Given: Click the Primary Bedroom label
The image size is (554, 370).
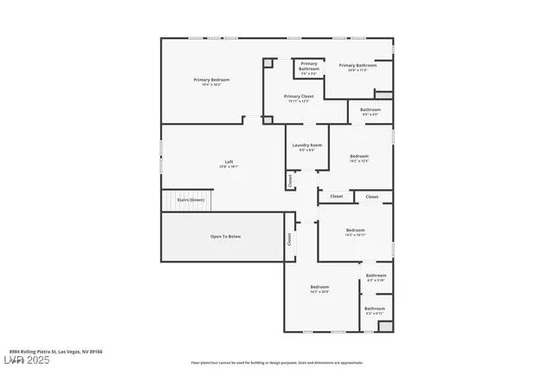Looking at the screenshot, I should [x=211, y=80].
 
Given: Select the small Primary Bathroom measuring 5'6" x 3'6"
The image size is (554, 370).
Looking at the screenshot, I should [x=309, y=64].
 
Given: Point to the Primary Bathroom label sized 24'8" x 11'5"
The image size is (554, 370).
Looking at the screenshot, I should [x=358, y=65].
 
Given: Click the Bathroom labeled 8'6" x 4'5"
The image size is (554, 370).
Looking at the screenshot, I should [x=370, y=109].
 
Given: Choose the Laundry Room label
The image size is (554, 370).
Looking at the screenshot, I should [x=306, y=145].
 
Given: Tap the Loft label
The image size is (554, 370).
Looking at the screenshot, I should [x=229, y=161].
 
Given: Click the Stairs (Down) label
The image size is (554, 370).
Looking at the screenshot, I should [x=190, y=199].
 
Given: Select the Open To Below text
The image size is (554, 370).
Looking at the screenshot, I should [x=225, y=236].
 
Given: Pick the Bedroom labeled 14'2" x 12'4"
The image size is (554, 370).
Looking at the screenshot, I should [x=358, y=157].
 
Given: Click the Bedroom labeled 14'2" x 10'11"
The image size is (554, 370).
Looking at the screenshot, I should [x=355, y=230].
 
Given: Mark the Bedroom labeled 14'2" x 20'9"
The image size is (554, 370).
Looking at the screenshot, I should [x=319, y=287].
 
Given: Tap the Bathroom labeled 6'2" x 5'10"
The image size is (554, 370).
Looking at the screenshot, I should [x=376, y=276].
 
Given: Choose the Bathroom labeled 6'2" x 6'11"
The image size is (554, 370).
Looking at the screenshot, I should [x=375, y=308].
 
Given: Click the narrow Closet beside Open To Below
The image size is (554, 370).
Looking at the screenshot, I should [x=289, y=240].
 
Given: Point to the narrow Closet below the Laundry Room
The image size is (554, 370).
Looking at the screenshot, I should [x=289, y=180].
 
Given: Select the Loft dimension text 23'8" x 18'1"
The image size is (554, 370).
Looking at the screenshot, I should [x=229, y=166].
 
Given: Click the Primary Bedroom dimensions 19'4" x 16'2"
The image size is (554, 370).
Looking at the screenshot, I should [x=211, y=85].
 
